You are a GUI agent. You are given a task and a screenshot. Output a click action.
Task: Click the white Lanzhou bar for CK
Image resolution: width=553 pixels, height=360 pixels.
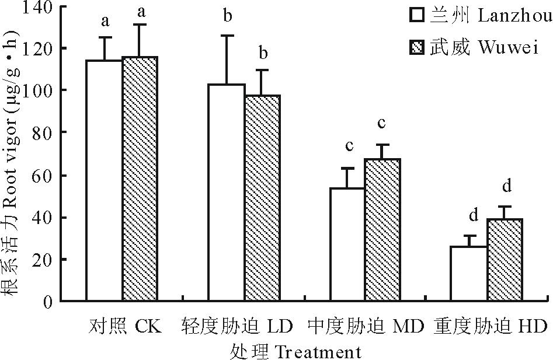coord(105,181)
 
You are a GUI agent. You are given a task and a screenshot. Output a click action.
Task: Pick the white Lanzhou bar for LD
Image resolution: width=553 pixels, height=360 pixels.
coord(227,193)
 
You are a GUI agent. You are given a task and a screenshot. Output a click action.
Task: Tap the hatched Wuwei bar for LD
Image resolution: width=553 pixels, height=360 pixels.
coord(262,198)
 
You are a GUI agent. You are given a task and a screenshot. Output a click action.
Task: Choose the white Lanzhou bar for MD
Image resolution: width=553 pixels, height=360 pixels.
coord(347,244)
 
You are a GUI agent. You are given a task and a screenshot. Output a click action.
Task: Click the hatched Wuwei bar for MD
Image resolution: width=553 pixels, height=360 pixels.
coord(382,230)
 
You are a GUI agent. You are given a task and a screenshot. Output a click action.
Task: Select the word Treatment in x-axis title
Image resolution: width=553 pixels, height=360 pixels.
coord(317,352)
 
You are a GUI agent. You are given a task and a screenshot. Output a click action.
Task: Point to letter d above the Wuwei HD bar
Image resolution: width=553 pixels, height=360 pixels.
coord(506,186)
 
